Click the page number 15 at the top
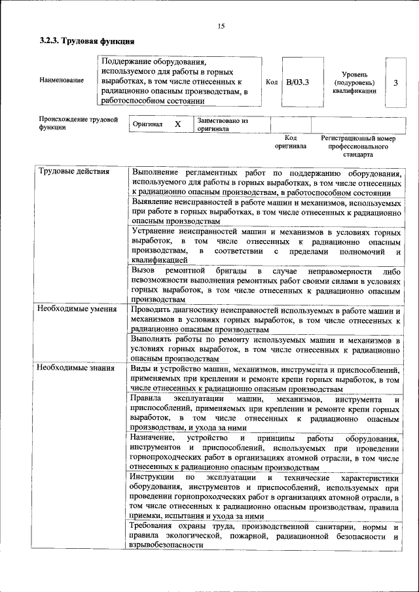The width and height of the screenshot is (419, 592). point(221,26)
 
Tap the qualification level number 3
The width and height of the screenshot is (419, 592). point(395,82)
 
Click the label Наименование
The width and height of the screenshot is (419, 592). point(62,80)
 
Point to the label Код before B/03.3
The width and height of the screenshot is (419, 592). point(272,82)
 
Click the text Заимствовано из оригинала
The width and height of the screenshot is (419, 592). point(222,125)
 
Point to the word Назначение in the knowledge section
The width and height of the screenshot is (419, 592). point(152,437)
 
